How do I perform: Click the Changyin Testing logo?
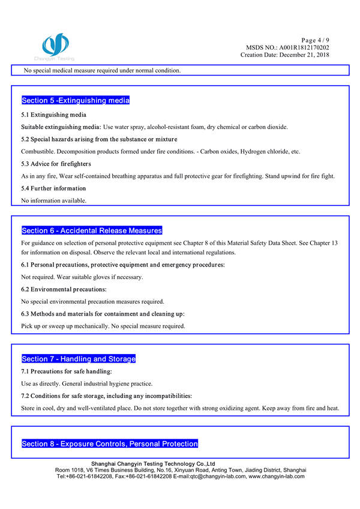point(55,46)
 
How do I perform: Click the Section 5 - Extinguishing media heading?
point(76,100)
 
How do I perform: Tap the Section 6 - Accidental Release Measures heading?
point(92,230)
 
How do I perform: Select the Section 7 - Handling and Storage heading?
point(79,359)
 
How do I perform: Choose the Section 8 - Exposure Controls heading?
point(110,444)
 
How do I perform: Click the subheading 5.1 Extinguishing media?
point(54,115)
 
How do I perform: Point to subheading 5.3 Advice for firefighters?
point(56,164)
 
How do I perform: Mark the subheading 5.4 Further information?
point(54,188)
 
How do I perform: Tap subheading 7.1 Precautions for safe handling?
point(67,372)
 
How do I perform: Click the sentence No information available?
point(54,200)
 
